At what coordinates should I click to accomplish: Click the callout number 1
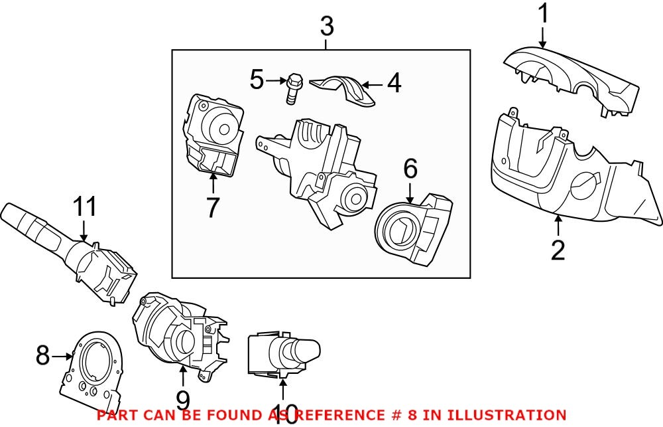(543, 14)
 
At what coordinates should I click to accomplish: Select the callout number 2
(558, 250)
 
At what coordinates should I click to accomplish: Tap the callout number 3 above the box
(327, 27)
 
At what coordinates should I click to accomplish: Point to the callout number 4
(394, 84)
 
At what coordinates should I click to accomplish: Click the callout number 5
(257, 80)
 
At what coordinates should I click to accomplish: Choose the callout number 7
(212, 208)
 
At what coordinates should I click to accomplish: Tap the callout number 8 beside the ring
(43, 356)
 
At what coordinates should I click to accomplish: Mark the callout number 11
(85, 208)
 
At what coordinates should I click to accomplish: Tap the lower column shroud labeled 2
(564, 173)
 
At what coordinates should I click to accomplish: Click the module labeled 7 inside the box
(212, 136)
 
